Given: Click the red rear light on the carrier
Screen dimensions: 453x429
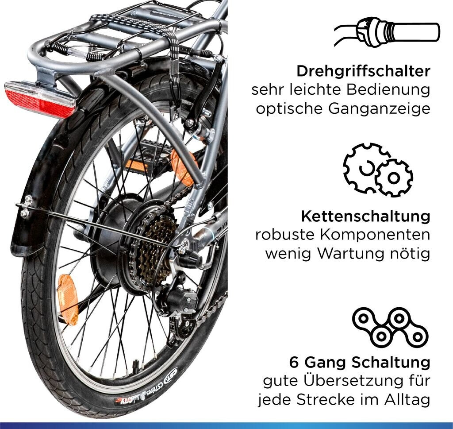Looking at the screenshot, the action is pyautogui.click(x=40, y=99).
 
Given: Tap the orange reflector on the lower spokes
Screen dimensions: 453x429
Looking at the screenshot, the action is pyautogui.click(x=68, y=299).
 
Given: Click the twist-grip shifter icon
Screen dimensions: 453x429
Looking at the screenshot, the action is pyautogui.click(x=387, y=32).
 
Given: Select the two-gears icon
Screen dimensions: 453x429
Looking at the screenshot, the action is pyautogui.click(x=378, y=170).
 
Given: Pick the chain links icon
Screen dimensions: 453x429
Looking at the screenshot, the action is pyautogui.click(x=390, y=327).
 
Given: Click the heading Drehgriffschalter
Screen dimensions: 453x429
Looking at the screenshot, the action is pyautogui.click(x=364, y=71).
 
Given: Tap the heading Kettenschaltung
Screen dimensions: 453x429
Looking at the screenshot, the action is pyautogui.click(x=366, y=216).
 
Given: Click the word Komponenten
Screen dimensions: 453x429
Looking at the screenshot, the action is pyautogui.click(x=375, y=236).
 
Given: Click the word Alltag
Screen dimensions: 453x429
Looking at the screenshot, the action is pyautogui.click(x=407, y=400).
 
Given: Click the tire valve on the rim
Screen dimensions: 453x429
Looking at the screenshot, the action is pyautogui.click(x=136, y=365).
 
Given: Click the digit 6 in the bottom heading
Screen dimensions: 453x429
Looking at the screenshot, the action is pyautogui.click(x=294, y=363).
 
